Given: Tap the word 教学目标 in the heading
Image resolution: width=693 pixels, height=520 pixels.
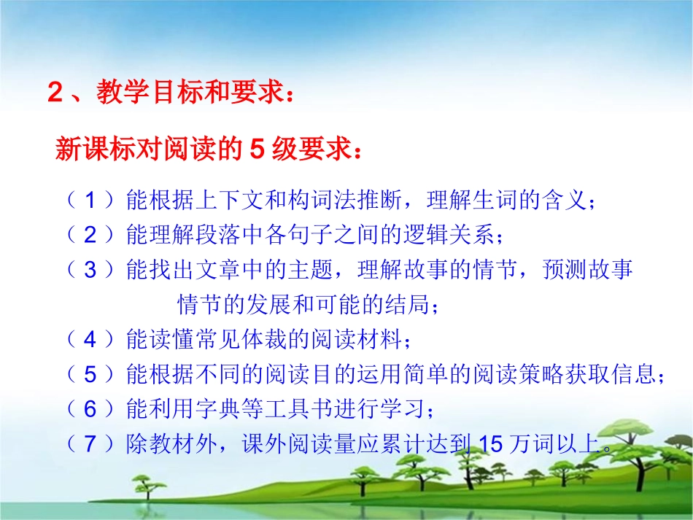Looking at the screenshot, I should pos(138,95).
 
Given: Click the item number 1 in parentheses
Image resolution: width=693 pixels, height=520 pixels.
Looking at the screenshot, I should pos(90,201).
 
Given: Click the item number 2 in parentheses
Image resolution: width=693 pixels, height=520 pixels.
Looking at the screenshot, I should pos(90,235).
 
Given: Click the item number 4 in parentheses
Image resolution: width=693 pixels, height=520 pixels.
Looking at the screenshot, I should pos(90,339).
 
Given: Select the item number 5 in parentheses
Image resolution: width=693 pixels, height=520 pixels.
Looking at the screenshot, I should pos(90,374).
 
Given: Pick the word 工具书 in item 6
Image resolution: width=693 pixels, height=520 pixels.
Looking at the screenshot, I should pos(301,409).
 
